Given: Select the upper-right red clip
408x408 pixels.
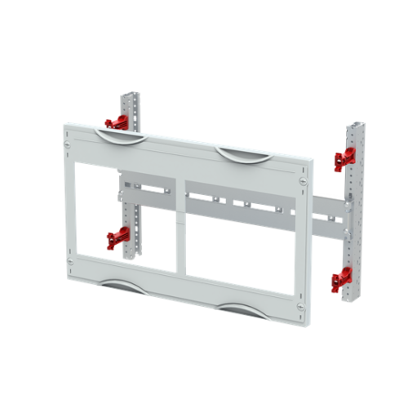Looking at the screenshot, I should pos(342,160).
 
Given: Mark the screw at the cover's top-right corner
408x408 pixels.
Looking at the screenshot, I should pos(303,180).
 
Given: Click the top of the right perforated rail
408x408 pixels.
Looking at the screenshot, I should pos(357,129).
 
